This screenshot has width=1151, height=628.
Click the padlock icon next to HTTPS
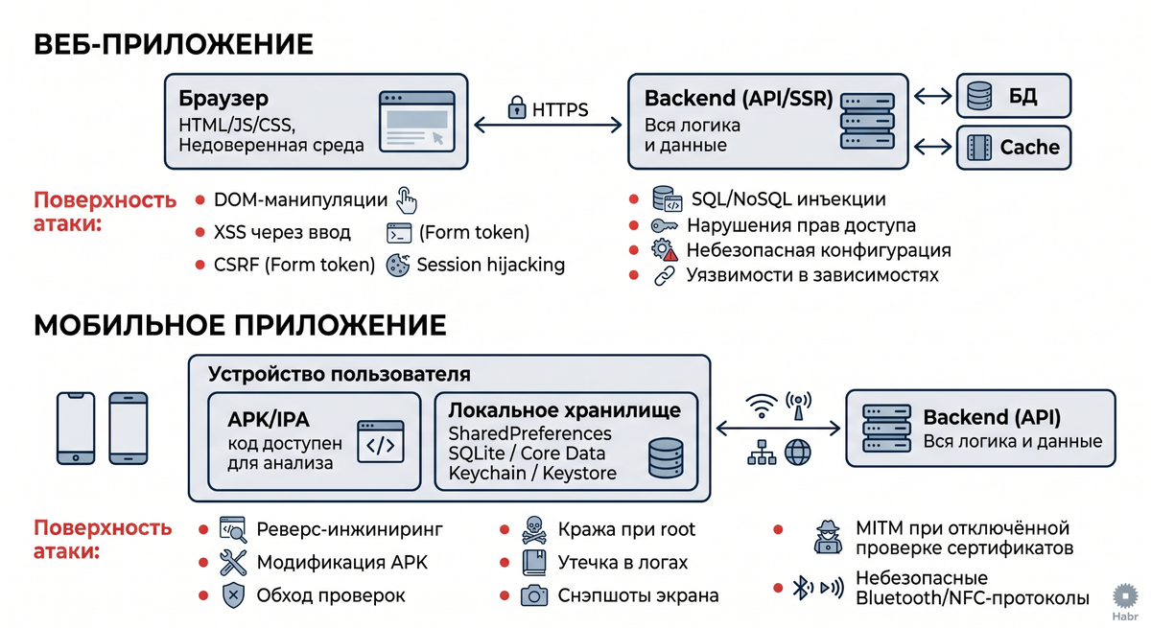(x=517, y=107)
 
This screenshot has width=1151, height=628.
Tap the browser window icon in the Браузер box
(x=416, y=121)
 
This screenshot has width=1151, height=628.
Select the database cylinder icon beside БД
(x=979, y=96)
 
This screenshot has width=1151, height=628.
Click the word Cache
(x=1030, y=148)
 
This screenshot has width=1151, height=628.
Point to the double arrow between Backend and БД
(x=932, y=96)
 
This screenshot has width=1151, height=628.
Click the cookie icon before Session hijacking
(x=398, y=265)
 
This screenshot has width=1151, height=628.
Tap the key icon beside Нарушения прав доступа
(x=664, y=225)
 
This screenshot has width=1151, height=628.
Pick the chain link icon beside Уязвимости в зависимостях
(x=664, y=276)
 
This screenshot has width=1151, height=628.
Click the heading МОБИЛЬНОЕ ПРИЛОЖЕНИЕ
(x=240, y=325)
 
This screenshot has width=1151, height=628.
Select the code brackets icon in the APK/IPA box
(x=380, y=442)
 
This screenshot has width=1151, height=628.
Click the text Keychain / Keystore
(x=532, y=473)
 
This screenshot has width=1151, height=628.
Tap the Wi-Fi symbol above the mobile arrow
(x=762, y=406)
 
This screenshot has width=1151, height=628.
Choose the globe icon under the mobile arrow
(x=797, y=453)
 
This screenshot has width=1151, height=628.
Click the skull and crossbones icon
(x=534, y=530)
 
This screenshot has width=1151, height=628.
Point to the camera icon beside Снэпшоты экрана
(x=534, y=595)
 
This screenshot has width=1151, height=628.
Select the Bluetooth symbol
(x=802, y=588)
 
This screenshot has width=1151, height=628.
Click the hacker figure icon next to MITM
(x=829, y=537)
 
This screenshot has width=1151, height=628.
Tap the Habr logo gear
(x=1125, y=596)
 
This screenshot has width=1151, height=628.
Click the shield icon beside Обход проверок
(x=233, y=595)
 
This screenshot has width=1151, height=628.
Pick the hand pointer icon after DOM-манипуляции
(x=407, y=200)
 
